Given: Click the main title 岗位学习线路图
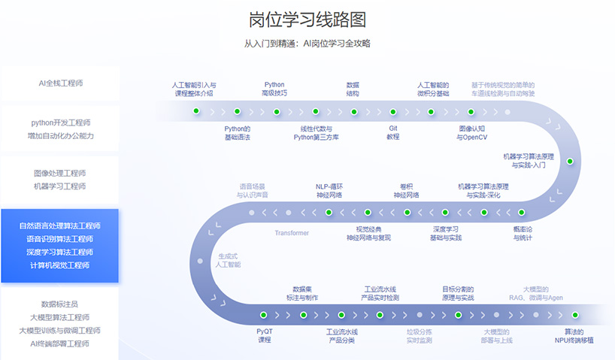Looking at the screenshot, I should click(x=307, y=20).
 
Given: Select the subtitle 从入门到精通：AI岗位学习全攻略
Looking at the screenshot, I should click(x=307, y=44).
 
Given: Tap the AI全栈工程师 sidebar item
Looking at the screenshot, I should click(x=60, y=83).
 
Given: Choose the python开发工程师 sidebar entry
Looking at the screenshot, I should click(x=60, y=122).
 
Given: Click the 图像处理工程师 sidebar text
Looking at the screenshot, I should click(x=60, y=173).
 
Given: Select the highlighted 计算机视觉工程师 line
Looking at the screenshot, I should click(x=60, y=265).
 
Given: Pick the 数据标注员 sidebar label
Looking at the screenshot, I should click(x=60, y=304).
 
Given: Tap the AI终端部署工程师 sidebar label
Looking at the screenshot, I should click(x=60, y=343).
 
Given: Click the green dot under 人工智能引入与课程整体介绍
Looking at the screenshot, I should click(x=196, y=111).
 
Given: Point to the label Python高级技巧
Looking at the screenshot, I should click(x=274, y=89).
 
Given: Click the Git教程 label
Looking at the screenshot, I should click(x=393, y=132).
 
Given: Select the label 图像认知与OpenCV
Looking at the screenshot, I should click(x=471, y=132).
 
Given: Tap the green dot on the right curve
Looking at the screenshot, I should click(x=569, y=162).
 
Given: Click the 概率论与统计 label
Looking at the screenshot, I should click(x=523, y=233).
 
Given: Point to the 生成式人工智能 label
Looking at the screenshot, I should click(x=229, y=260).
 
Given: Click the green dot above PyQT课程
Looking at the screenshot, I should click(x=264, y=315).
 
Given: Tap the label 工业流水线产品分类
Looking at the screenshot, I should click(x=341, y=336).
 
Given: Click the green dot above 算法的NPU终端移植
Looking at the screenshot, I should click(x=575, y=315).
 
